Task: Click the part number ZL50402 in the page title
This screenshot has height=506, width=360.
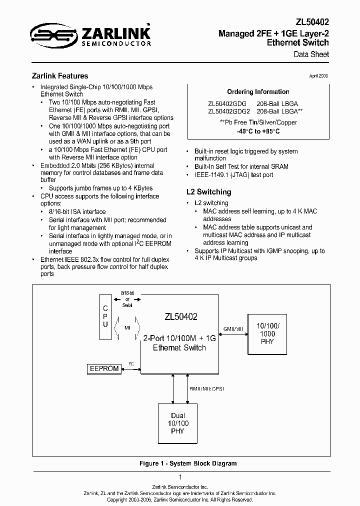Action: (312, 22)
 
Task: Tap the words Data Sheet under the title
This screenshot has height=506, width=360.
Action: (311, 54)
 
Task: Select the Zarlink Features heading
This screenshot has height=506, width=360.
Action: (60, 76)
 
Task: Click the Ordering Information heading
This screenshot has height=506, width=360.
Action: (258, 92)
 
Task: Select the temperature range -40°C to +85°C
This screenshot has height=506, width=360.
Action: (258, 131)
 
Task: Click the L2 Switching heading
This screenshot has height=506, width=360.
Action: (208, 192)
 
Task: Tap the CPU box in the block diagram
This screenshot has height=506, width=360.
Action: (105, 317)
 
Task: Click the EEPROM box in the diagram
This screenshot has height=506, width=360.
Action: (104, 368)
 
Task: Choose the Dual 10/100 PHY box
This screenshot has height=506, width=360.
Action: (177, 423)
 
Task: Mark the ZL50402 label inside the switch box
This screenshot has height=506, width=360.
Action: (180, 317)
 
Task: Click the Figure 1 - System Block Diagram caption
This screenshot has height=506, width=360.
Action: (187, 463)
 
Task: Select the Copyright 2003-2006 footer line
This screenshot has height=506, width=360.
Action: (180, 499)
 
